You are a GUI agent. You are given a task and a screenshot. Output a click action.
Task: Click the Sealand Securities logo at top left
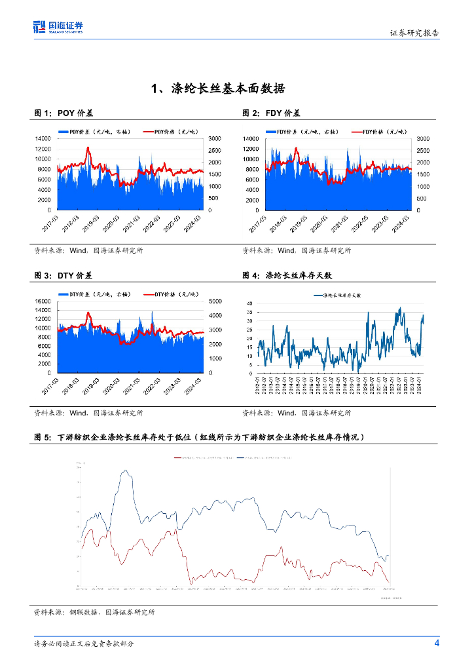pos(58,27)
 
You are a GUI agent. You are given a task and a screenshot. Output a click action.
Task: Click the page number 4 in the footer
pos(437,643)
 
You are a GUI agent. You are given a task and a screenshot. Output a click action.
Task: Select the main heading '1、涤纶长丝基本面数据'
pos(217,88)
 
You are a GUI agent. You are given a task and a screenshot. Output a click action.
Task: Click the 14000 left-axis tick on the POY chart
pos(43,139)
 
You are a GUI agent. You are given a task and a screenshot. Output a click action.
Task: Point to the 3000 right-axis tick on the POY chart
pos(214,139)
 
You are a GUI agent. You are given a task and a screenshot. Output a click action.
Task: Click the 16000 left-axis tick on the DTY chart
pos(43,301)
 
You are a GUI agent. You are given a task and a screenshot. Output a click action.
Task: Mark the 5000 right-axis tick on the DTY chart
pos(215,301)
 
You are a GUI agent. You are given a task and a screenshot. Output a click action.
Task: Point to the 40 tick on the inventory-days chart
pos(249,303)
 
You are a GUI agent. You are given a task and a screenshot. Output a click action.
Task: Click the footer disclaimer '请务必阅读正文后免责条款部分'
pos(84,644)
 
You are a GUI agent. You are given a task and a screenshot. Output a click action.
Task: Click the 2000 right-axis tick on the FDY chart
pos(422,163)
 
